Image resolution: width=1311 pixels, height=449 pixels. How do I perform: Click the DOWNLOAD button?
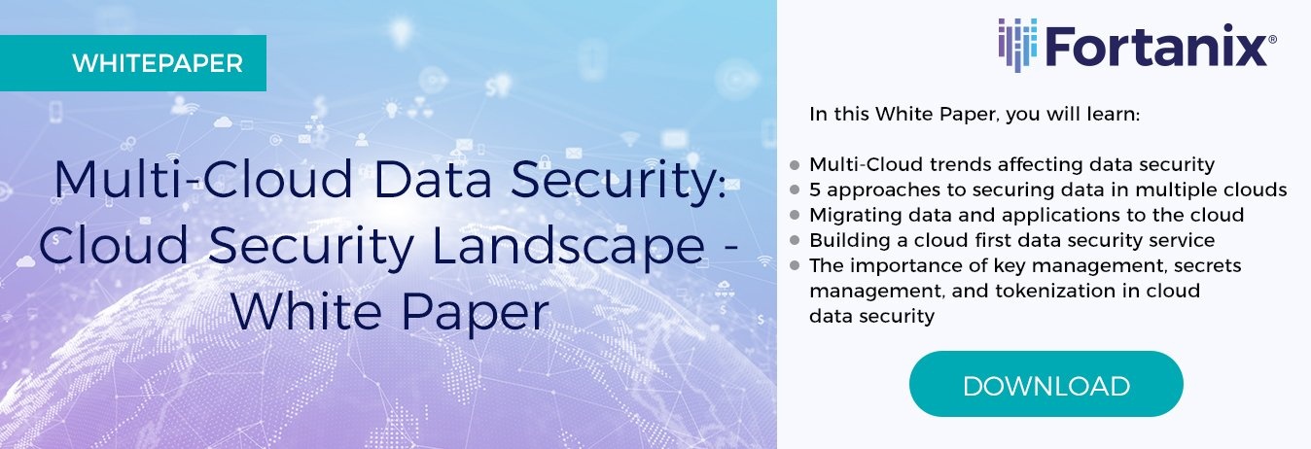(x=1045, y=384)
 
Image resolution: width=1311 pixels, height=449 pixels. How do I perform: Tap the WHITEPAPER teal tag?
(x=133, y=63)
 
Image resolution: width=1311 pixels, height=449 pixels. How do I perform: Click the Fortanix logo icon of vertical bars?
(x=1017, y=45)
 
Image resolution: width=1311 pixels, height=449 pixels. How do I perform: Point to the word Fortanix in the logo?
(x=1155, y=46)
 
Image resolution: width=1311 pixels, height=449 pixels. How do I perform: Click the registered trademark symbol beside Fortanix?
(x=1272, y=40)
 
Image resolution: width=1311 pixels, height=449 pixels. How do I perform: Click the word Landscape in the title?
(x=568, y=247)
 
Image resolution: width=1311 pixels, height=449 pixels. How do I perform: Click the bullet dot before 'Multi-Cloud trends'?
(x=795, y=165)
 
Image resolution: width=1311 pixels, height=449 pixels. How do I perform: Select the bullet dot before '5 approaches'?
(x=795, y=190)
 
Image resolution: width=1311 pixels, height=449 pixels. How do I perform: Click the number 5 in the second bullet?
(x=815, y=190)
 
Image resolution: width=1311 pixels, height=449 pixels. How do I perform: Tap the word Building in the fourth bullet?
(x=850, y=240)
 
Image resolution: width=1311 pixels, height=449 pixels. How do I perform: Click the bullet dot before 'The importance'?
(x=795, y=266)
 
